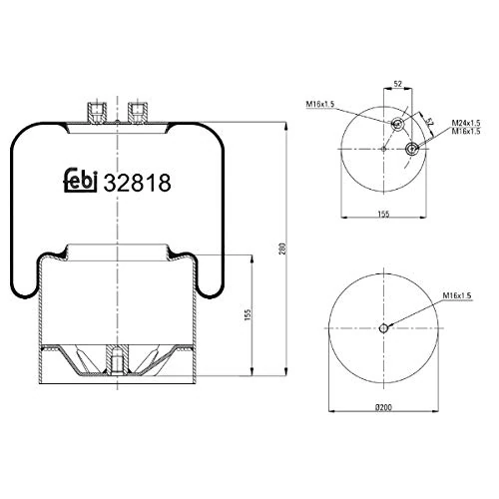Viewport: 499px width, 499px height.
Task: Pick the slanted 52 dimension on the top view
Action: (x=429, y=123)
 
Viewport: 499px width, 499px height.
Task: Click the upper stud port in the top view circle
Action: (x=397, y=125)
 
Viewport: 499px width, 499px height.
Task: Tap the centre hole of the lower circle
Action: (x=385, y=329)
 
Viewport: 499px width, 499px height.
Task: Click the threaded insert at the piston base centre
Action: (x=116, y=356)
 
